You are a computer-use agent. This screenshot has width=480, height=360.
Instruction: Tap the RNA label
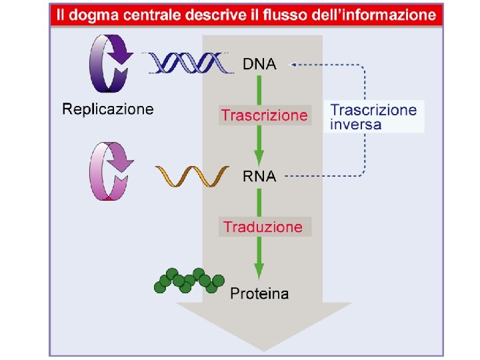click(x=259, y=177)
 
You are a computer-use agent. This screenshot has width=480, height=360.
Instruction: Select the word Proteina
click(x=259, y=293)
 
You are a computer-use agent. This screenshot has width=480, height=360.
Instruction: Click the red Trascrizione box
click(x=265, y=115)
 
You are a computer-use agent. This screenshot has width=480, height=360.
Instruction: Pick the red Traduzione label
click(x=263, y=227)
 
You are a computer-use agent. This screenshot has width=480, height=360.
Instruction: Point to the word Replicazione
click(x=108, y=109)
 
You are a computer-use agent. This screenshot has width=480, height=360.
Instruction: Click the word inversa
click(x=356, y=124)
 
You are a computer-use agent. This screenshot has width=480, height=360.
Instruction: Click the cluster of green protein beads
click(x=189, y=280)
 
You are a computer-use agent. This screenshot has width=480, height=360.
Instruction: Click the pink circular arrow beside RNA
click(x=111, y=171)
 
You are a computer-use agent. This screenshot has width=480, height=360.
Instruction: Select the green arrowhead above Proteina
click(x=259, y=272)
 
